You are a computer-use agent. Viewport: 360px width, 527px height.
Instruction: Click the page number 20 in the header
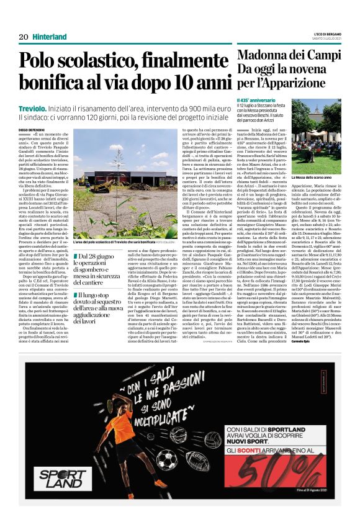pyautogui.click(x=24, y=37)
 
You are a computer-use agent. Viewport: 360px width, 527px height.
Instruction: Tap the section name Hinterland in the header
pyautogui.click(x=49, y=37)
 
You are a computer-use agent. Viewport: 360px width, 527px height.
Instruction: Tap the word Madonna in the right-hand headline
pyautogui.click(x=261, y=55)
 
